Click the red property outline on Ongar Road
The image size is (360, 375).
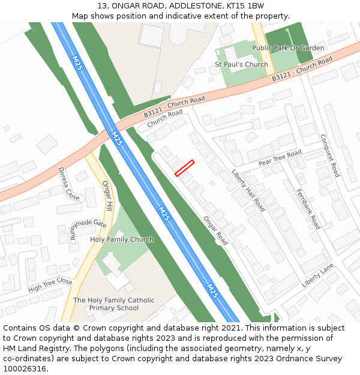(184, 168)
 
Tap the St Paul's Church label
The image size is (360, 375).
(241, 64)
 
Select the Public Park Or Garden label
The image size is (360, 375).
(288, 48)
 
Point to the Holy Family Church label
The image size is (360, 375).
(122, 239)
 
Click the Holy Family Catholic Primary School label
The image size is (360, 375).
(113, 304)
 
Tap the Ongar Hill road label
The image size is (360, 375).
(107, 196)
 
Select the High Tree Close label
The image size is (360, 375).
(50, 285)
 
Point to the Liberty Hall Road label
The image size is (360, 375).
(248, 190)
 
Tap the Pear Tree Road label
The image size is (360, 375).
(280, 158)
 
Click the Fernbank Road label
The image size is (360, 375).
(308, 209)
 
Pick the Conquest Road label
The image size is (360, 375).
(330, 155)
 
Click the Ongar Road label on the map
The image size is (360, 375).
(215, 230)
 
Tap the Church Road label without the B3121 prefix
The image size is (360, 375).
(165, 118)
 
